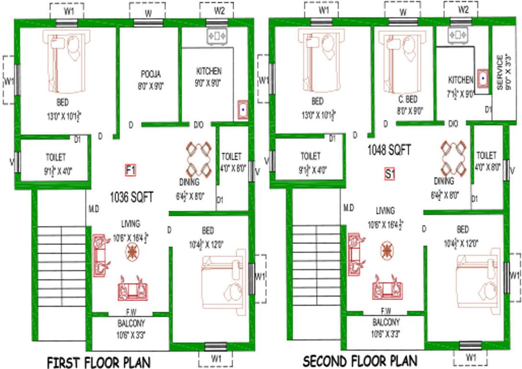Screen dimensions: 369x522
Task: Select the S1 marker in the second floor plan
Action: (x=390, y=175)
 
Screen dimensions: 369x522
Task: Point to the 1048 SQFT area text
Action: (x=389, y=150)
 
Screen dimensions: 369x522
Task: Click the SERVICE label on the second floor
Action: (x=499, y=73)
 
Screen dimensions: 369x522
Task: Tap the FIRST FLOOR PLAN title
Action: (x=98, y=361)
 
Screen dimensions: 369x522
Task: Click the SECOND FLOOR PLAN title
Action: (x=360, y=360)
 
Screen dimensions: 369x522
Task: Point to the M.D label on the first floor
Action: (x=94, y=209)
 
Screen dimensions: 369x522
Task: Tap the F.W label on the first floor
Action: (x=130, y=312)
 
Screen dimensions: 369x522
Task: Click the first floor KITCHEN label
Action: (x=209, y=71)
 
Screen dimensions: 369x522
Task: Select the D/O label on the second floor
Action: (x=452, y=124)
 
